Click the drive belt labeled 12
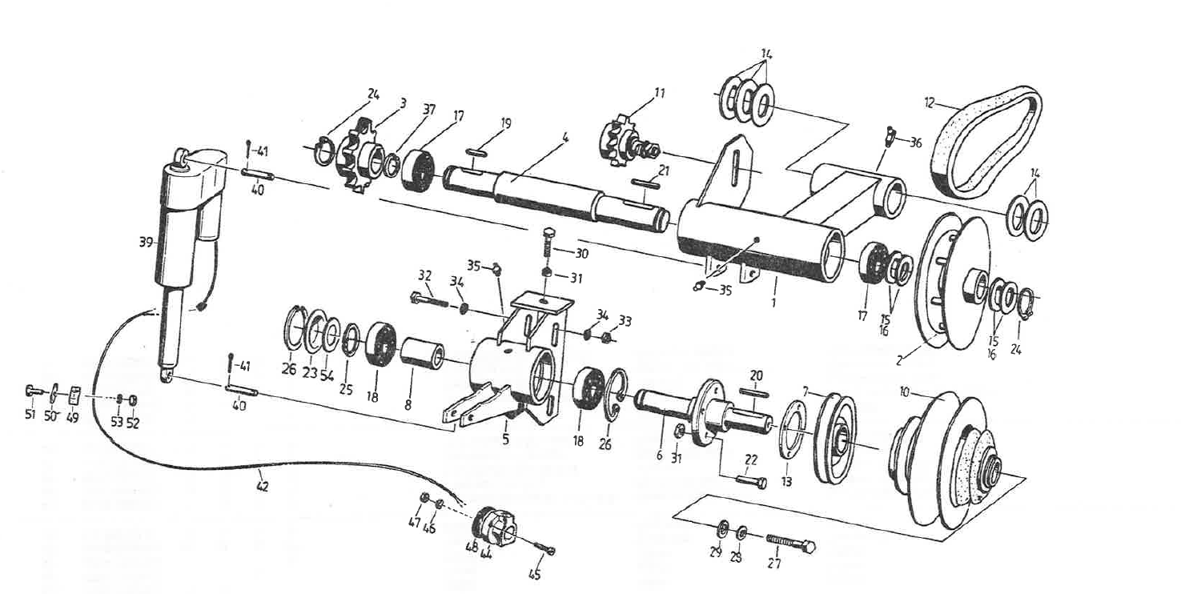tap(989, 144)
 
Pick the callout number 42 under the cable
tap(262, 484)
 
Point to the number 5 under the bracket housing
tap(505, 438)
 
